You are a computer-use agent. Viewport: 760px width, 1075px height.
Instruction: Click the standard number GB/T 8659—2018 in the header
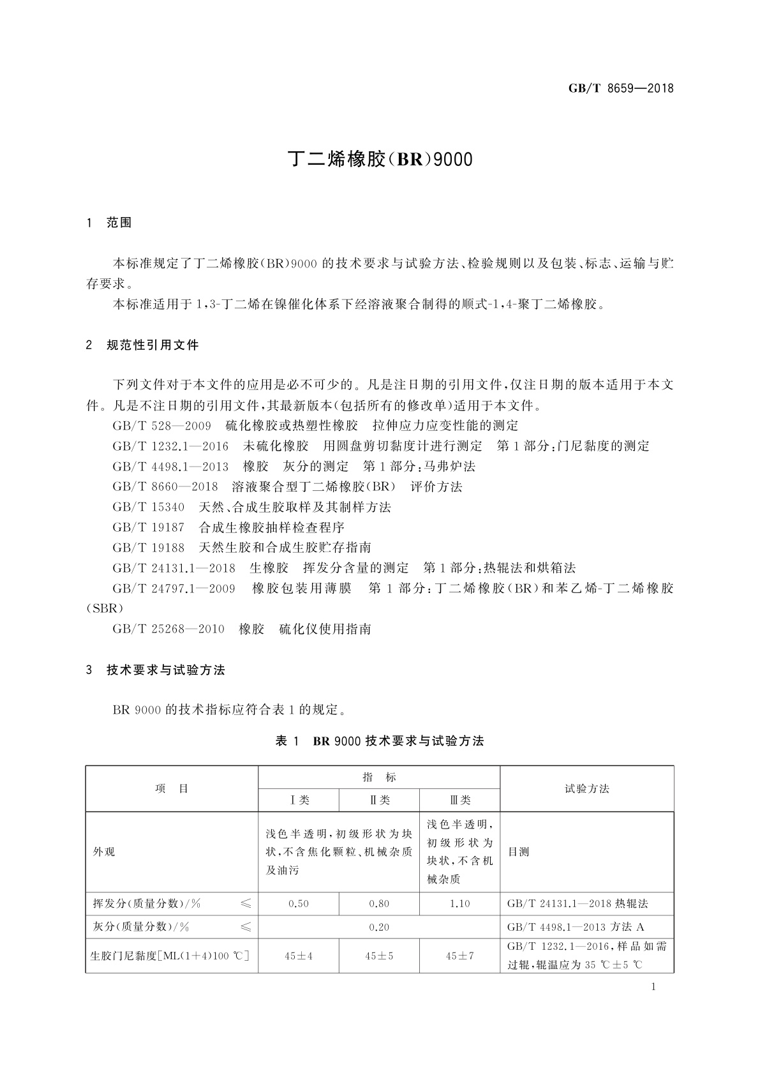coord(620,88)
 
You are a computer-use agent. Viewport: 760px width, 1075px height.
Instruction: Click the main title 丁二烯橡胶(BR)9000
coord(380,159)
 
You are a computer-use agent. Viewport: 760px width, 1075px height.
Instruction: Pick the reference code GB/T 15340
coord(149,507)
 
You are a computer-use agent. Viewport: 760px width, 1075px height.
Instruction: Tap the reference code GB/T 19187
coord(149,528)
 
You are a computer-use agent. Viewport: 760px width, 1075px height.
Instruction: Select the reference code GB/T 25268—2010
coord(168,629)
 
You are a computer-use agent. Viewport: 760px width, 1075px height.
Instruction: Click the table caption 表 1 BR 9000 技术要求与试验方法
coord(379,741)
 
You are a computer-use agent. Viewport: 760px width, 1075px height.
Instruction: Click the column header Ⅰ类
coord(299,800)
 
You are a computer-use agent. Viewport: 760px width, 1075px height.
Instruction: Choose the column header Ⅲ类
coord(459,800)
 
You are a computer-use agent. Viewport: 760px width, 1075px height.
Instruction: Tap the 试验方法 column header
coord(586,789)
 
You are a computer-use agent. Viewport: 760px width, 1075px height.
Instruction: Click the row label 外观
coord(104,852)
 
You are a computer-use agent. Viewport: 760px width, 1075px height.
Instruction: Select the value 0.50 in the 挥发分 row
coord(299,904)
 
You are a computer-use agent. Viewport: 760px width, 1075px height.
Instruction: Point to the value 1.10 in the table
coord(459,904)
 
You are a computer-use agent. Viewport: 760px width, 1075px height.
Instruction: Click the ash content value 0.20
coord(379,927)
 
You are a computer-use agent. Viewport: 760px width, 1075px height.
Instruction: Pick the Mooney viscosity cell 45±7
coord(459,956)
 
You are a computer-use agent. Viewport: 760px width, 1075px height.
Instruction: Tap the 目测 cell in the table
coord(519,852)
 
